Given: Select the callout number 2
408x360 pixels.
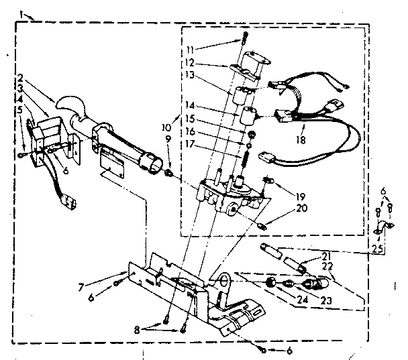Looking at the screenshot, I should point(21,77).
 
